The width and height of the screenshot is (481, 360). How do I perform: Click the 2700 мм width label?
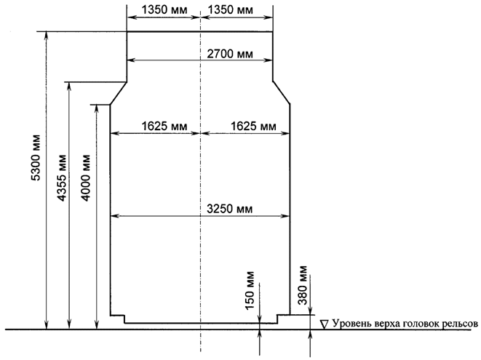[x=230, y=54]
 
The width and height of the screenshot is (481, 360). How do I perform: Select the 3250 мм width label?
[x=230, y=209]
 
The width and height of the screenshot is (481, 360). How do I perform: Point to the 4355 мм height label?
[x=62, y=178]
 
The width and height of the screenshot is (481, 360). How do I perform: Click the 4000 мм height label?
[x=85, y=178]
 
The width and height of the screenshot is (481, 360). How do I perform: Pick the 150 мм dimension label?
[x=250, y=290]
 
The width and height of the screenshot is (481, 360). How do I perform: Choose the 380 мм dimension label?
[x=303, y=285]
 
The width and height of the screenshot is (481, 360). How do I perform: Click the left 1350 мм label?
[x=164, y=9]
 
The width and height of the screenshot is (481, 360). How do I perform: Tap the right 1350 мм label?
[x=231, y=9]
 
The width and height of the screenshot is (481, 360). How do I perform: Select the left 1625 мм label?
[x=164, y=126]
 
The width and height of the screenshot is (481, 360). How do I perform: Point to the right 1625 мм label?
[x=253, y=126]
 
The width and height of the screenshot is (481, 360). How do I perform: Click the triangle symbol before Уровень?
[x=324, y=324]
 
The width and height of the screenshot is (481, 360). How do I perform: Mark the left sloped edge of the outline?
[x=119, y=93]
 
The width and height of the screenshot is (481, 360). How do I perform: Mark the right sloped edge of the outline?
[x=282, y=92]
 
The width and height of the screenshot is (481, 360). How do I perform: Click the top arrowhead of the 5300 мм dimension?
[x=47, y=35]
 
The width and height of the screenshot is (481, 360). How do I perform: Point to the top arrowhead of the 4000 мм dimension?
[x=97, y=108]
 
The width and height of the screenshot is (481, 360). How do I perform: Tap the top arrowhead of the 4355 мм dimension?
[x=69, y=86]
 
